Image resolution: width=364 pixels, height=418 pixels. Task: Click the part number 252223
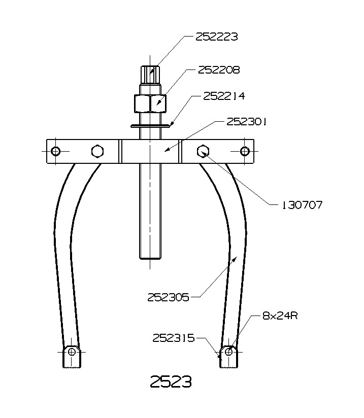point(217,37)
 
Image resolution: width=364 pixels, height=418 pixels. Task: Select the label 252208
point(219,69)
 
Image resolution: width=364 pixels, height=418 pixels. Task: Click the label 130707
point(302,205)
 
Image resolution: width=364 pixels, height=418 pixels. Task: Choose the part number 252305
point(168,297)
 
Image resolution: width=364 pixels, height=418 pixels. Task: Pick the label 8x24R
point(280,316)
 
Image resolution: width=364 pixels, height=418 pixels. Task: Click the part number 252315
point(174,338)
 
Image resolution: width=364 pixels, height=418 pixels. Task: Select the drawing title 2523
point(171,381)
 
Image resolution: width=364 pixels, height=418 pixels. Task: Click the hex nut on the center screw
point(150,103)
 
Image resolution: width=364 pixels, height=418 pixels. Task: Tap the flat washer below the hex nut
point(150,126)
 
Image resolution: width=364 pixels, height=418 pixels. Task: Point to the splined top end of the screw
point(150,76)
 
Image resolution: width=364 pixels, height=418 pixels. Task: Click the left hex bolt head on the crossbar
point(97,151)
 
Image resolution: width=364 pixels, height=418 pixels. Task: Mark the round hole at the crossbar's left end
point(56,151)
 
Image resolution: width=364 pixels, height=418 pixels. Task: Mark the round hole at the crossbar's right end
point(245,151)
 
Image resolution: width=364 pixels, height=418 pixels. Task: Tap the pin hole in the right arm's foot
point(229,351)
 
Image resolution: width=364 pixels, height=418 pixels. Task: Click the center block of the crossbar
point(150,151)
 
